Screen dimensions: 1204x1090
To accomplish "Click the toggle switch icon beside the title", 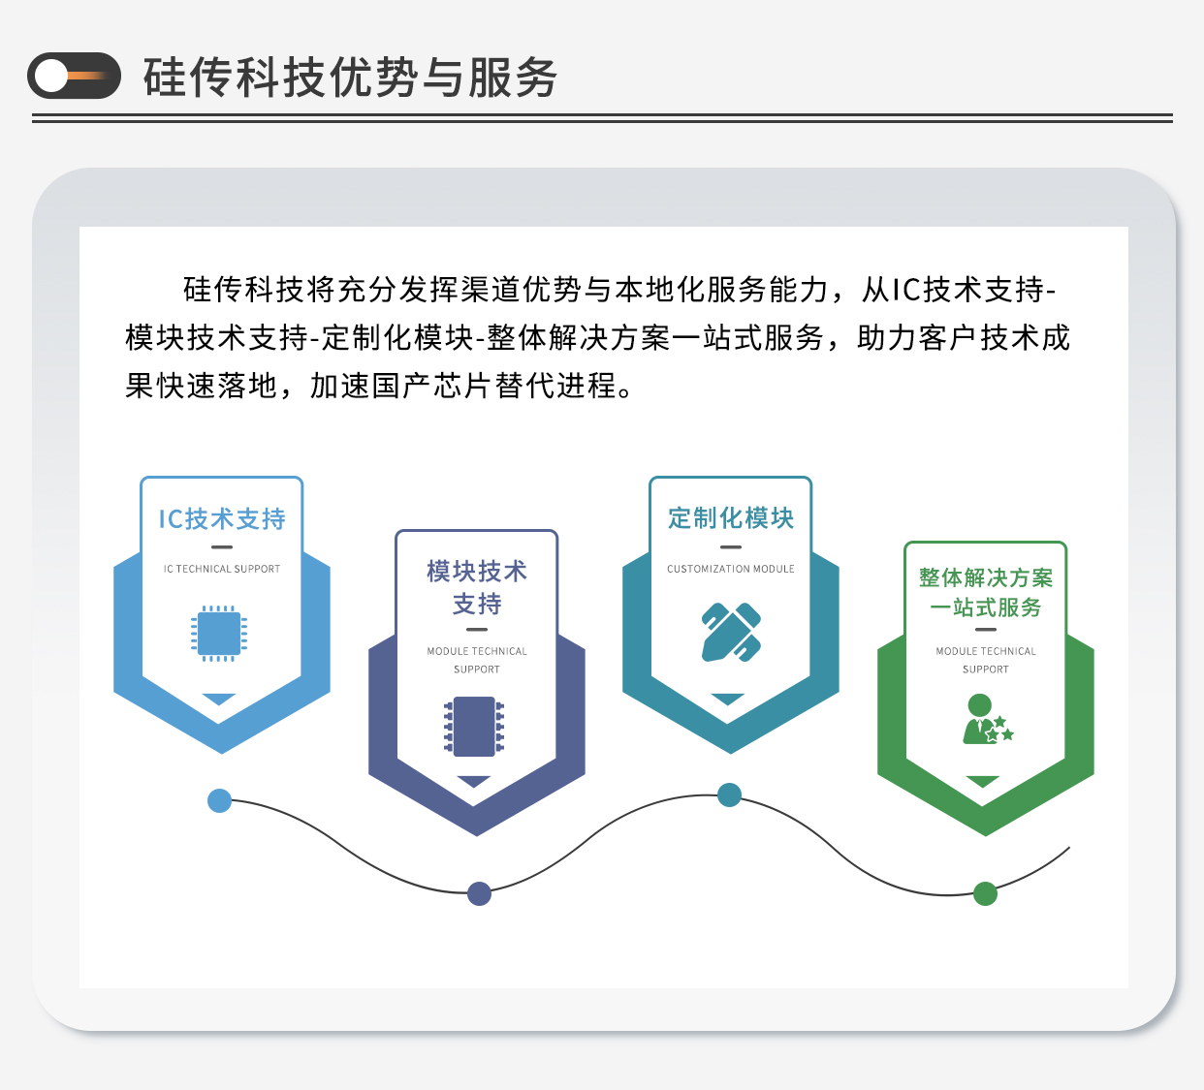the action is [x=74, y=76].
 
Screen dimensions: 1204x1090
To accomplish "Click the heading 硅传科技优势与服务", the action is [x=351, y=77].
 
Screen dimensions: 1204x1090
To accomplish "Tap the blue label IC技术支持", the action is [x=221, y=519].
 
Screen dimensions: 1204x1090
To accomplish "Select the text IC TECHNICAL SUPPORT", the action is [x=221, y=569].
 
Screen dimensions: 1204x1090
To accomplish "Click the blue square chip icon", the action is [x=219, y=634].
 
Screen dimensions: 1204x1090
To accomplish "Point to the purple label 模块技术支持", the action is [x=477, y=587].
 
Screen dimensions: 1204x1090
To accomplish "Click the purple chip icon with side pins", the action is [x=474, y=727].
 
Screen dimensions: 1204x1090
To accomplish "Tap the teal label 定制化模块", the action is [x=730, y=518].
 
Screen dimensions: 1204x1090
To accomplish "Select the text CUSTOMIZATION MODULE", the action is [x=730, y=569].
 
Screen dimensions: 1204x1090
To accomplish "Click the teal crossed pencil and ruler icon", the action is [x=730, y=633].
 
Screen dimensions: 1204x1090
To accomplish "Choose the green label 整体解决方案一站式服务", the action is [x=986, y=593].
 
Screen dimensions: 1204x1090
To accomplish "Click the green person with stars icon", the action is [x=987, y=719].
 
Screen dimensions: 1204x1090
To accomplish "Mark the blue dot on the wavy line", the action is [x=220, y=801].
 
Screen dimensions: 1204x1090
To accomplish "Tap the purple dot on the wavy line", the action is [x=479, y=894].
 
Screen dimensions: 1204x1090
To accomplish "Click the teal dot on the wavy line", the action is [x=729, y=795].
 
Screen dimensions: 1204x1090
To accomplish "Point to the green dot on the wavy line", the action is [x=985, y=894].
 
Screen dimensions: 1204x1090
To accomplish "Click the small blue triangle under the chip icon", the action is [x=219, y=699].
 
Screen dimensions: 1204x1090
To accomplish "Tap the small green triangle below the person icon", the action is [x=983, y=781].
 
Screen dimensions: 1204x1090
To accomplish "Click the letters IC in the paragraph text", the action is [x=906, y=291].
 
